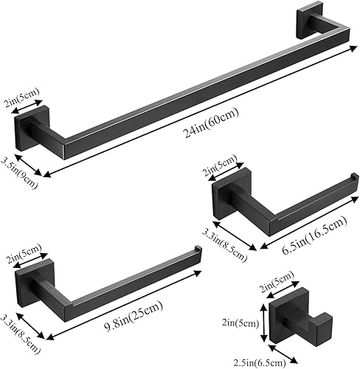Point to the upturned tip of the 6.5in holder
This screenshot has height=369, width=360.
[353, 180]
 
